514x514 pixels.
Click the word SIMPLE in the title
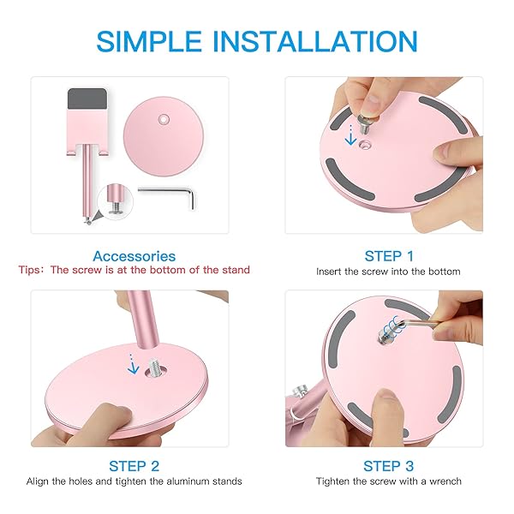pos(149,41)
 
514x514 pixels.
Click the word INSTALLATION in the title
pos(315,41)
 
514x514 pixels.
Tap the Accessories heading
pos(134,256)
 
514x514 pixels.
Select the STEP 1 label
pos(389,256)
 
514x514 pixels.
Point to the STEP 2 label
pos(134,466)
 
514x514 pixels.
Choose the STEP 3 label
pos(388,466)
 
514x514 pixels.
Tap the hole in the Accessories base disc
pos(164,119)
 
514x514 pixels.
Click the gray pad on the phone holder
pos(87,99)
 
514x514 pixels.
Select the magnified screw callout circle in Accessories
pos(115,200)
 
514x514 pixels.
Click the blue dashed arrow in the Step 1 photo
pos(350,134)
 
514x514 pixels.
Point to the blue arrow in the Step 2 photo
pos(133,365)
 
